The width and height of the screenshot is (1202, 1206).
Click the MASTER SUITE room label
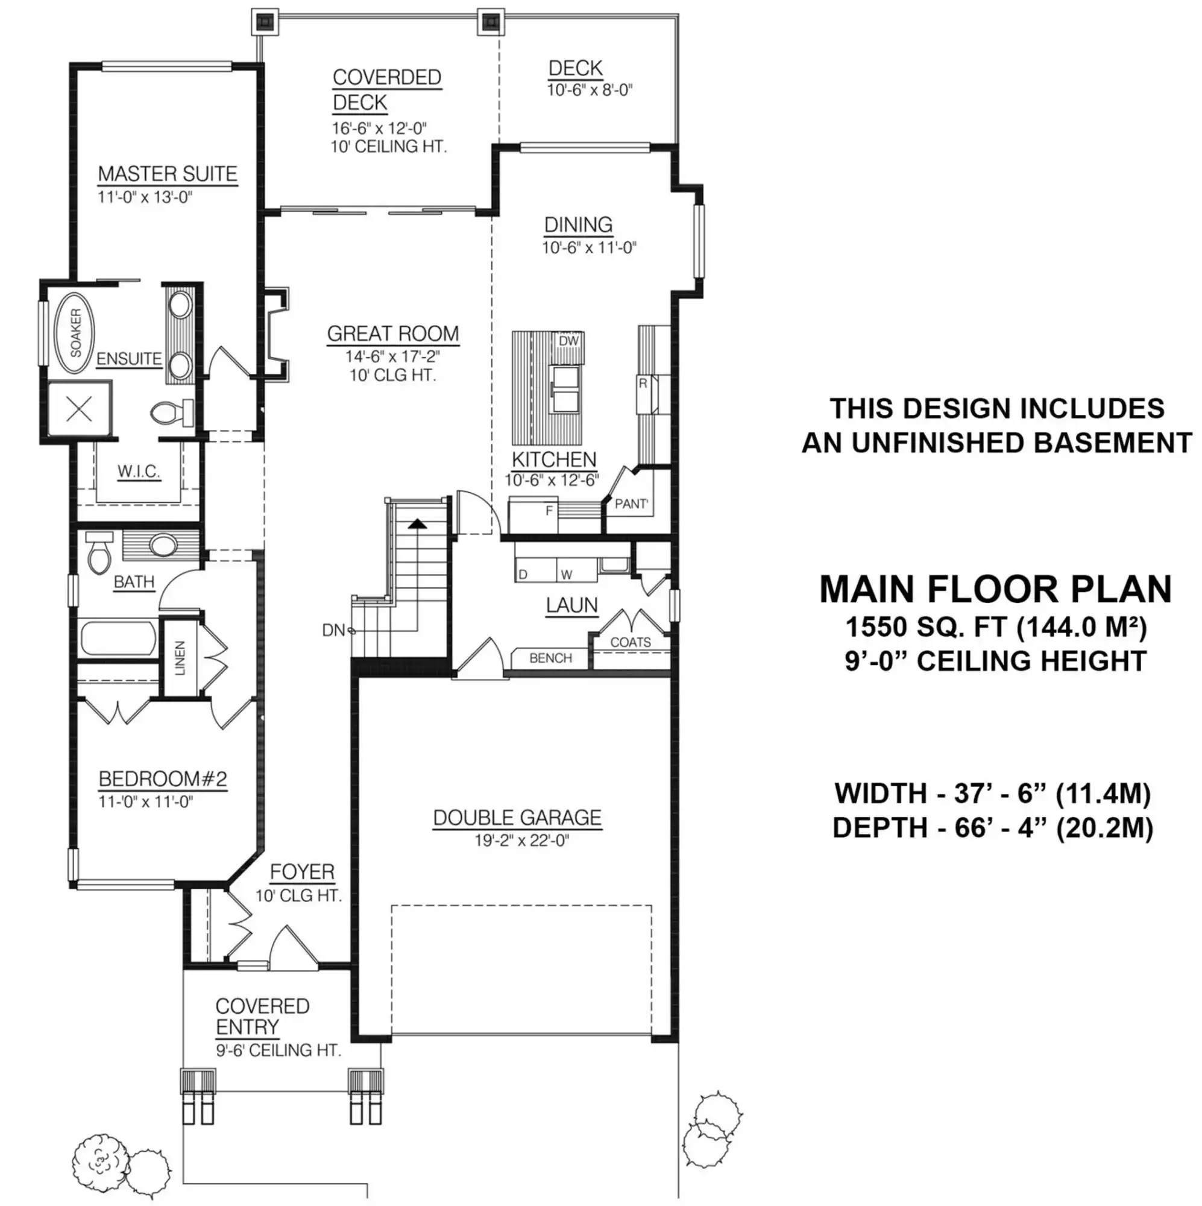(167, 174)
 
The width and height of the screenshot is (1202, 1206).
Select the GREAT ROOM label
(392, 334)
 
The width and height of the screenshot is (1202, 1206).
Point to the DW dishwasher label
(568, 341)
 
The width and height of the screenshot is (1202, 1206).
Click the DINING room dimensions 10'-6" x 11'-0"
(588, 248)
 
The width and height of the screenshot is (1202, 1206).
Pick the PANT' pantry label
(631, 504)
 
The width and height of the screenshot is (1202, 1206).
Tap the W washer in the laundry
(566, 574)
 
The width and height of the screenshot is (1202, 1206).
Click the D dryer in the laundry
(523, 574)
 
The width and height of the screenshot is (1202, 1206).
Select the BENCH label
(550, 658)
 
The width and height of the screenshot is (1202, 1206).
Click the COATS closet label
(631, 642)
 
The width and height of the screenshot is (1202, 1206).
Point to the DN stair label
(333, 631)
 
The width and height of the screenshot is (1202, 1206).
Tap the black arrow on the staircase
(417, 525)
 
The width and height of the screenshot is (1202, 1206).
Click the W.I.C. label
(139, 472)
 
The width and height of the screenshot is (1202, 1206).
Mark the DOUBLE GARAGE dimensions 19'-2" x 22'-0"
(522, 840)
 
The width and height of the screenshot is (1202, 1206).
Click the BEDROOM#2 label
(163, 779)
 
